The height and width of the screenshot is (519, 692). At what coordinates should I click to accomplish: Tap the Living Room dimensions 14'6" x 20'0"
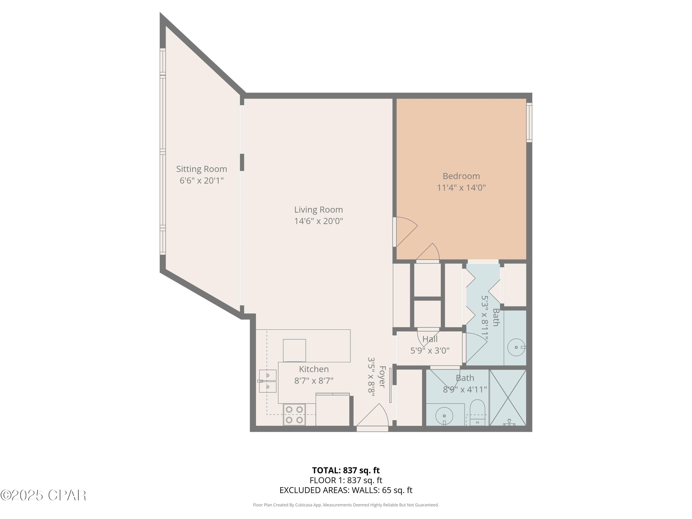[x=319, y=221]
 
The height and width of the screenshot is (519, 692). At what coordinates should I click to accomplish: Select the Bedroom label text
[x=461, y=176]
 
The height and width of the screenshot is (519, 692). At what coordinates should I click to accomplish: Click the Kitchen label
[x=314, y=369]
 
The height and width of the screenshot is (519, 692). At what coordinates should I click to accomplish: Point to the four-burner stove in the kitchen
[x=294, y=415]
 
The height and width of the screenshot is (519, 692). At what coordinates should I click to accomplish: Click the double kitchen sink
[x=268, y=381]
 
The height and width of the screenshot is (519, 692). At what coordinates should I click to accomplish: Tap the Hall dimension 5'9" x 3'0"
[x=430, y=351]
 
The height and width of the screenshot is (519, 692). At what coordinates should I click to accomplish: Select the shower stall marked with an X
[x=508, y=397]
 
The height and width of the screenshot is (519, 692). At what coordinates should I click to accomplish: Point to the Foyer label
[x=382, y=377]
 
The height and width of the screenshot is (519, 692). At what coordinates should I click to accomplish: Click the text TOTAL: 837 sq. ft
[x=346, y=470]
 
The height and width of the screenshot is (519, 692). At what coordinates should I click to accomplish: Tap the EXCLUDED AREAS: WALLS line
[x=346, y=490]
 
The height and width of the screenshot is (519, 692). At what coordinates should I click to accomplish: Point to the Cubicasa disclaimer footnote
[x=346, y=505]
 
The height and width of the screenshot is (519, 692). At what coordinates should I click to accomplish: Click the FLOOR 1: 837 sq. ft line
[x=346, y=480]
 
